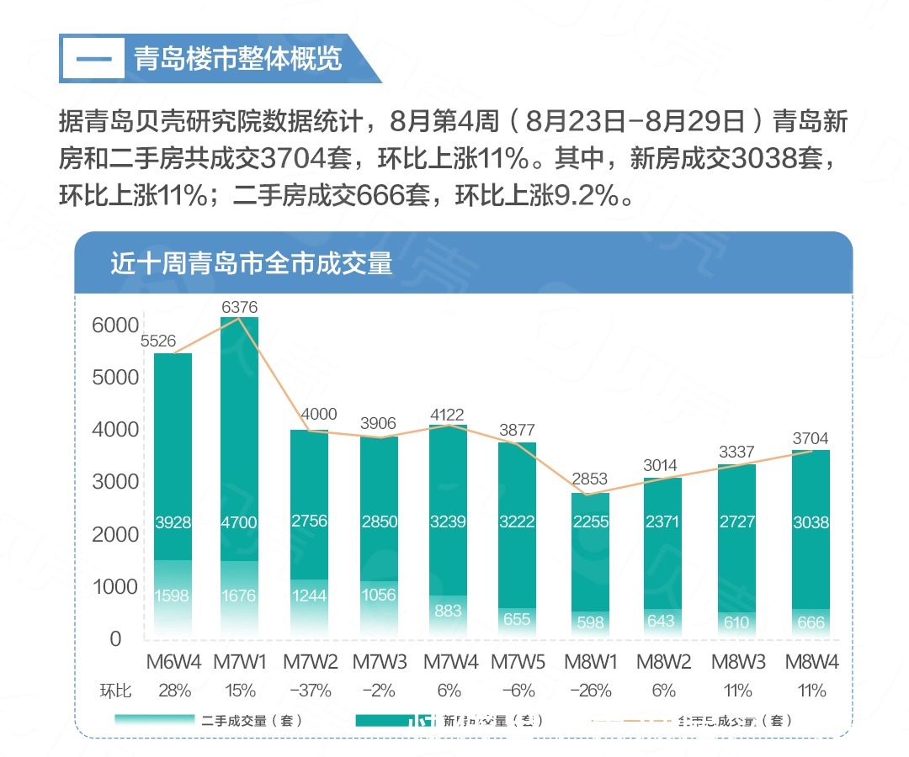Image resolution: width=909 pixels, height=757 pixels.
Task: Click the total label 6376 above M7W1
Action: pyautogui.click(x=240, y=307)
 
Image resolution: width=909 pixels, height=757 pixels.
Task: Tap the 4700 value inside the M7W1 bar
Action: pyautogui.click(x=241, y=522)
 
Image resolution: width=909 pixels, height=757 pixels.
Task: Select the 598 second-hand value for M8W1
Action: pyautogui.click(x=591, y=622)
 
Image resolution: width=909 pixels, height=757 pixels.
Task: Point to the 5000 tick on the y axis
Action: pyautogui.click(x=115, y=377)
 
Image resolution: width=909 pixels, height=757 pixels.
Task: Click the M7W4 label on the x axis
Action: pyautogui.click(x=449, y=662)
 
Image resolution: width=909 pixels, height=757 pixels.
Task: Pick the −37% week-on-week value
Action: pyautogui.click(x=311, y=691)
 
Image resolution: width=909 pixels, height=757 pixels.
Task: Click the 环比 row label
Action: pyautogui.click(x=116, y=691)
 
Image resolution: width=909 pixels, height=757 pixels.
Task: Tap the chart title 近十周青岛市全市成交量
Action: pyautogui.click(x=252, y=263)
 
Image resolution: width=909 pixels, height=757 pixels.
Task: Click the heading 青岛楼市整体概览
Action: pyautogui.click(x=237, y=59)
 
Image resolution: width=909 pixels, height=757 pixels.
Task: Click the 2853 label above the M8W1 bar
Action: pyautogui.click(x=590, y=479)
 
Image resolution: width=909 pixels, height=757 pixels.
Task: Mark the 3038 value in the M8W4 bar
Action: pyautogui.click(x=811, y=522)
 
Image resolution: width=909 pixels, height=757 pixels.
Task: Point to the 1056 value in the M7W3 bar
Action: pyautogui.click(x=380, y=596)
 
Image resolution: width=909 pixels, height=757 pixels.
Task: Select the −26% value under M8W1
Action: pyautogui.click(x=590, y=691)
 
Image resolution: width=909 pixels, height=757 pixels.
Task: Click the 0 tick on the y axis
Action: pyautogui.click(x=115, y=638)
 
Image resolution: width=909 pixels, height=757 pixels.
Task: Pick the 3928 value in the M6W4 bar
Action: pyautogui.click(x=173, y=522)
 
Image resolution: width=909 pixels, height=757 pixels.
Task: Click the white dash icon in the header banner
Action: pyautogui.click(x=94, y=59)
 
